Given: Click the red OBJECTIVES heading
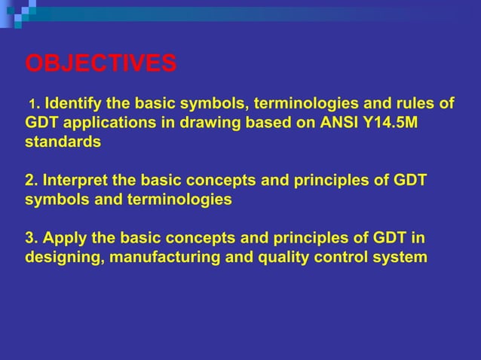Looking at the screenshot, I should click(101, 63).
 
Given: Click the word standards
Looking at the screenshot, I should click(63, 142).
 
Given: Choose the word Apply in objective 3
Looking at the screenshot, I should click(63, 238).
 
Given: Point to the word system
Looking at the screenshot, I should click(402, 258).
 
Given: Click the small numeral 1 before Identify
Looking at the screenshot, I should click(31, 103).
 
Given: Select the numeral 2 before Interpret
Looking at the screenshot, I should click(30, 181).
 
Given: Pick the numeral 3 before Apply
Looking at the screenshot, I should click(30, 238).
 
